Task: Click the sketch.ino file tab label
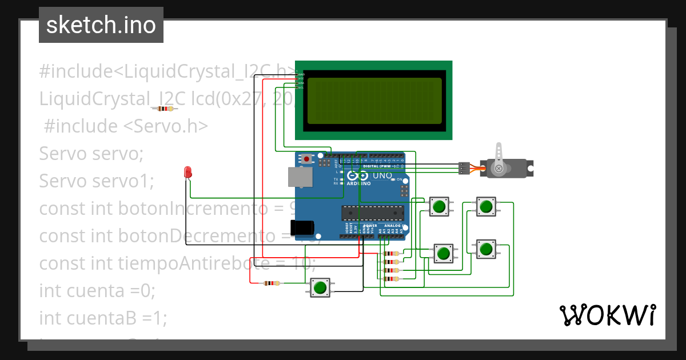point(101,25)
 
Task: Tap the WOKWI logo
point(607,315)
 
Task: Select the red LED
point(188,171)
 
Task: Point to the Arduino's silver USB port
point(300,177)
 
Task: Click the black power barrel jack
point(301,228)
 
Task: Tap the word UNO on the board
point(382,176)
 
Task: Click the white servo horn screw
point(498,169)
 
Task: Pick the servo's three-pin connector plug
point(464,168)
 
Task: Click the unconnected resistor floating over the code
point(165,109)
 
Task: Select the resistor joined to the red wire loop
point(272,283)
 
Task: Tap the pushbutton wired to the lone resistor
point(320,287)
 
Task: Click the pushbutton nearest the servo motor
point(486,206)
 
